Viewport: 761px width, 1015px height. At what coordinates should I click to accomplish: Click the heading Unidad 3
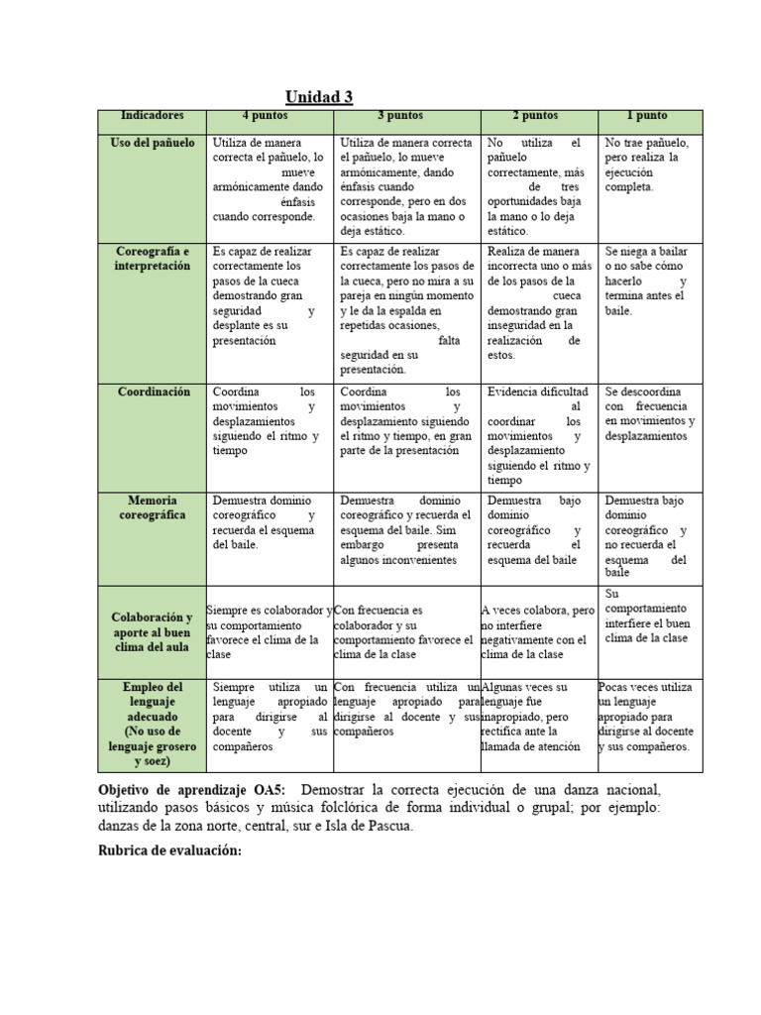[x=319, y=97]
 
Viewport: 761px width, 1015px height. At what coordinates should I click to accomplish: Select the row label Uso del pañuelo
[x=152, y=144]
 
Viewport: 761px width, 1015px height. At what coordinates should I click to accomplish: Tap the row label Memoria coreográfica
[x=152, y=507]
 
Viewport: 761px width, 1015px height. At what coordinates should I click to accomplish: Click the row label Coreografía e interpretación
[x=152, y=259]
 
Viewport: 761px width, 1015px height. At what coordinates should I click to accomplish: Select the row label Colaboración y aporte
[x=152, y=631]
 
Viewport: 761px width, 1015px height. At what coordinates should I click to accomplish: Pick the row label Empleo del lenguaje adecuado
[x=152, y=724]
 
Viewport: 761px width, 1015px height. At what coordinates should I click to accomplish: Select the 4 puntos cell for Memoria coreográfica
[x=268, y=522]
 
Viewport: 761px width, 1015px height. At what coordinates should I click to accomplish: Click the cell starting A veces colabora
[x=538, y=631]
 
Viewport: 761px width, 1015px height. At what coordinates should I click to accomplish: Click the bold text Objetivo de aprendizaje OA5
[x=192, y=790]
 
